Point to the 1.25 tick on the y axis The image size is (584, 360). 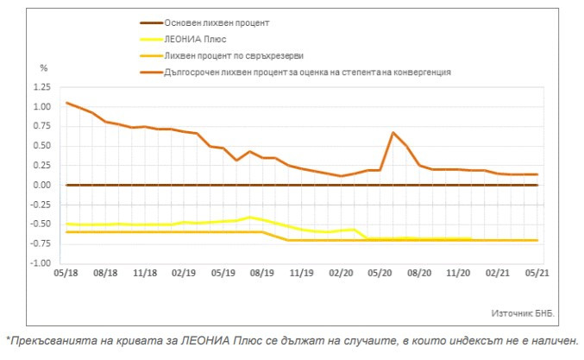pos(40,88)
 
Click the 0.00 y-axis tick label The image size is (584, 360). pos(40,185)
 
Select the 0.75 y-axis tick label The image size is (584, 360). pos(40,127)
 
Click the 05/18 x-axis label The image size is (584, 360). pos(66,273)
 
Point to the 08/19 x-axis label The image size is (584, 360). pos(261,273)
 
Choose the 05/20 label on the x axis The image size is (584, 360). pos(380,273)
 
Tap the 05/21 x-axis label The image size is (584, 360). pos(537,273)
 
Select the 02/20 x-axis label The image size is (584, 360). pos(341,273)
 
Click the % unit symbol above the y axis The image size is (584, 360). pos(45,67)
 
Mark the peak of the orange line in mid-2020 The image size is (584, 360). pos(392,133)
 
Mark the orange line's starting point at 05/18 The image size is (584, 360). pos(66,103)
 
